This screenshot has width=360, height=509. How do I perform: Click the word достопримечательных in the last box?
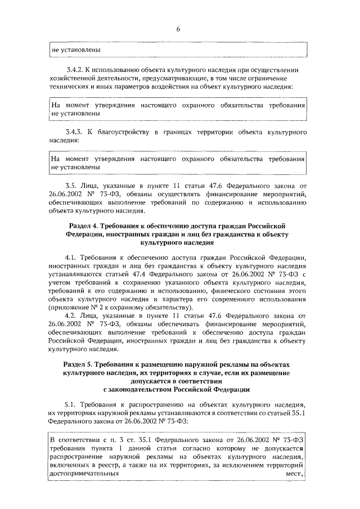84,474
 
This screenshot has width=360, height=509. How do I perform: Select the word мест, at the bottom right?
294,474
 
